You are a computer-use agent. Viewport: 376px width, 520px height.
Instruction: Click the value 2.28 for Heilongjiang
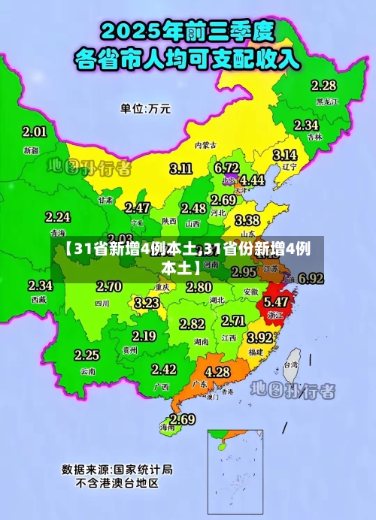323,86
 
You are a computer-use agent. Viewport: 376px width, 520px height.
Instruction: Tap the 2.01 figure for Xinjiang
34,132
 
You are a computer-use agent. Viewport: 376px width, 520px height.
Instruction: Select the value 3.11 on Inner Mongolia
180,168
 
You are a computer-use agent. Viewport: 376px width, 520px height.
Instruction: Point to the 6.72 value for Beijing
226,167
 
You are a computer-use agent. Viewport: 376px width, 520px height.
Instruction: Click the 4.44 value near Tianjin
252,180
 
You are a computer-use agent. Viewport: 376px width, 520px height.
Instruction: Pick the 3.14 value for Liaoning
284,155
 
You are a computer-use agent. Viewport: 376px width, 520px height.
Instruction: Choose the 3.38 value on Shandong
247,221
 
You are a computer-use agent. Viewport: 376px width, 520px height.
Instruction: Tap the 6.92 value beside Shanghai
311,278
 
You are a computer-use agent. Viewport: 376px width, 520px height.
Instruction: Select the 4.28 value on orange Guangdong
217,372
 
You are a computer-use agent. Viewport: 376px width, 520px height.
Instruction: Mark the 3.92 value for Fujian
260,337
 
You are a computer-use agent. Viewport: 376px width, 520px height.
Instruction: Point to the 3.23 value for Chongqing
147,303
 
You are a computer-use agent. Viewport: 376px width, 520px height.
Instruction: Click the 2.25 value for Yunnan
86,355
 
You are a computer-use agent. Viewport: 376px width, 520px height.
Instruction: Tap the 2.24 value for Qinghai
58,217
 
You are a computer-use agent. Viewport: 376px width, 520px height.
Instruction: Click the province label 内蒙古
205,145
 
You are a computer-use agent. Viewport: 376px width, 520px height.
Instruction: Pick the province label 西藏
39,298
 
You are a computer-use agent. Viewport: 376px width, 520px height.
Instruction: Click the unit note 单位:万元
145,108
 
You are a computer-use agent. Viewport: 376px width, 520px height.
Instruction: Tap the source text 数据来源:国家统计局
117,470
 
